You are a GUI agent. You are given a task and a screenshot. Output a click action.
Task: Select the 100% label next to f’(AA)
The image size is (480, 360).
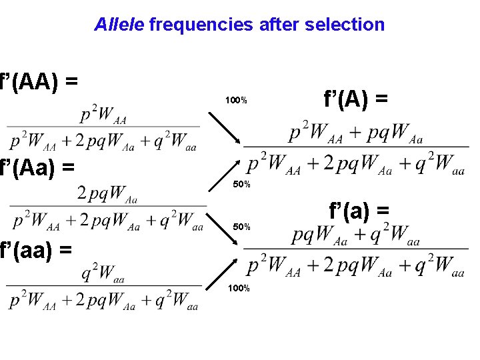click(x=236, y=101)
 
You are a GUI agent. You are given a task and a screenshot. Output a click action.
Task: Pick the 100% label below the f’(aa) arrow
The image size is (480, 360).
click(x=239, y=288)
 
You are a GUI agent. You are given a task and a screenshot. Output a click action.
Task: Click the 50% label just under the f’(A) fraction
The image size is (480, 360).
click(x=241, y=184)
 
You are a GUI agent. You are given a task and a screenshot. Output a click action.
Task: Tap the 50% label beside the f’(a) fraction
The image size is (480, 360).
click(x=241, y=227)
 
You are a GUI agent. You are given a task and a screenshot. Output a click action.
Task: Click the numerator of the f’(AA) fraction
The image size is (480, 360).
click(x=103, y=116)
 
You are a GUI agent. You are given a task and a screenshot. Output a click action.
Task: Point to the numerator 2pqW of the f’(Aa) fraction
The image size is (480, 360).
click(x=107, y=195)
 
